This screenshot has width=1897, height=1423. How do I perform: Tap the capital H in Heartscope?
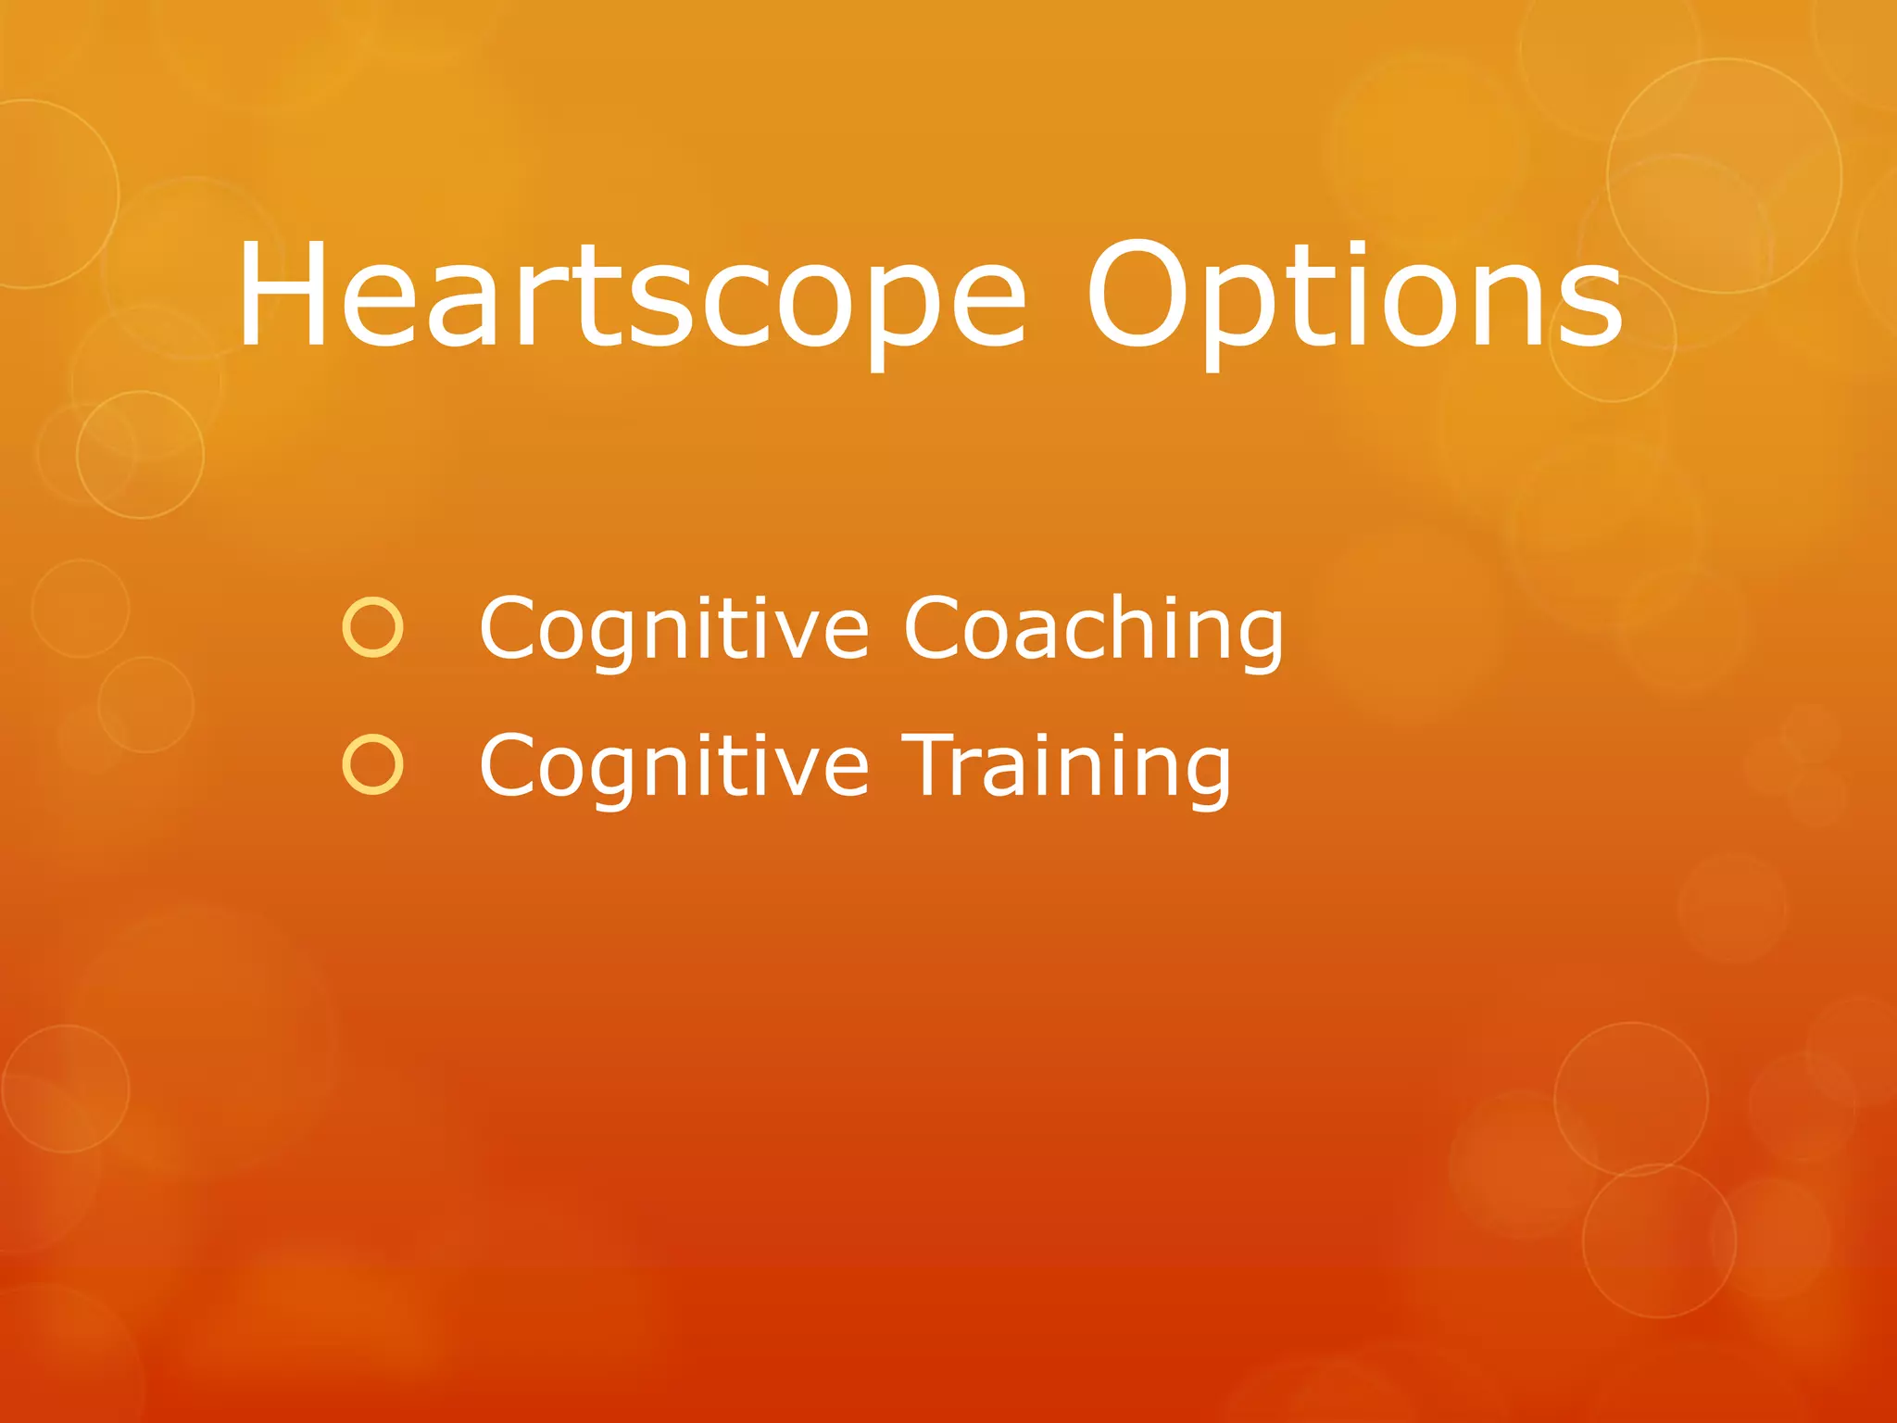[282, 295]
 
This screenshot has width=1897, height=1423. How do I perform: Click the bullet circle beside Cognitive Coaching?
[372, 628]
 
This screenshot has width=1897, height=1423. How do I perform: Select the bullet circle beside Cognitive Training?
[372, 765]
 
